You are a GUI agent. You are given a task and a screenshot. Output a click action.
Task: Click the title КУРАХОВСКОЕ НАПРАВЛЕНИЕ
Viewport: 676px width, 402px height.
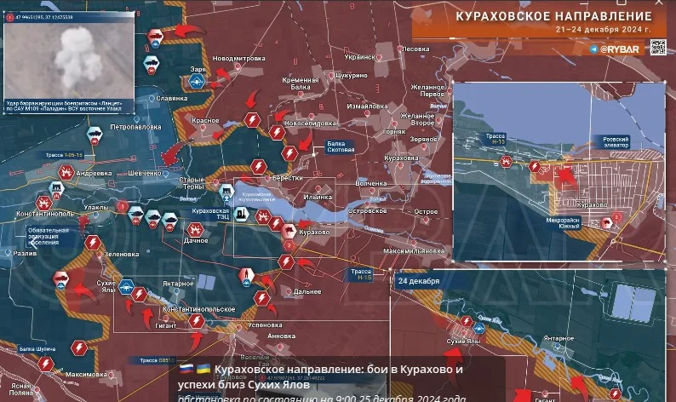[553, 16]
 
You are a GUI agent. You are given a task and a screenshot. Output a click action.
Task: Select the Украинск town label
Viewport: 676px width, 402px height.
[359, 57]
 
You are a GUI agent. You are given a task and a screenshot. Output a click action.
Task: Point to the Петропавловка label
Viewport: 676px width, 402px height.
[135, 126]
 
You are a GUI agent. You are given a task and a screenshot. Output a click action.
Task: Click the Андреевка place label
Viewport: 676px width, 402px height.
[94, 173]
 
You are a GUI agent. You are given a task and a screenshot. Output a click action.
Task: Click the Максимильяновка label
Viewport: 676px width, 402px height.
[413, 251]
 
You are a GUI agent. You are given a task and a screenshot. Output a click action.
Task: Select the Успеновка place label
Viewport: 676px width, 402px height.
[263, 324]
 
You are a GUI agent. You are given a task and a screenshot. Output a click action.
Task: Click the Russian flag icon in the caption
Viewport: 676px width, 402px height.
[186, 369]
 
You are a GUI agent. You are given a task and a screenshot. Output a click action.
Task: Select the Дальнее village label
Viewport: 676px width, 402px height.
[306, 291]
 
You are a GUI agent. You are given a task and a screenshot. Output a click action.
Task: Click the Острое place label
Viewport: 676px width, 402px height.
[426, 210]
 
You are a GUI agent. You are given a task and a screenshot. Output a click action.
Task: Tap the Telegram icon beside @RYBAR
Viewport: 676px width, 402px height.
[593, 49]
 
